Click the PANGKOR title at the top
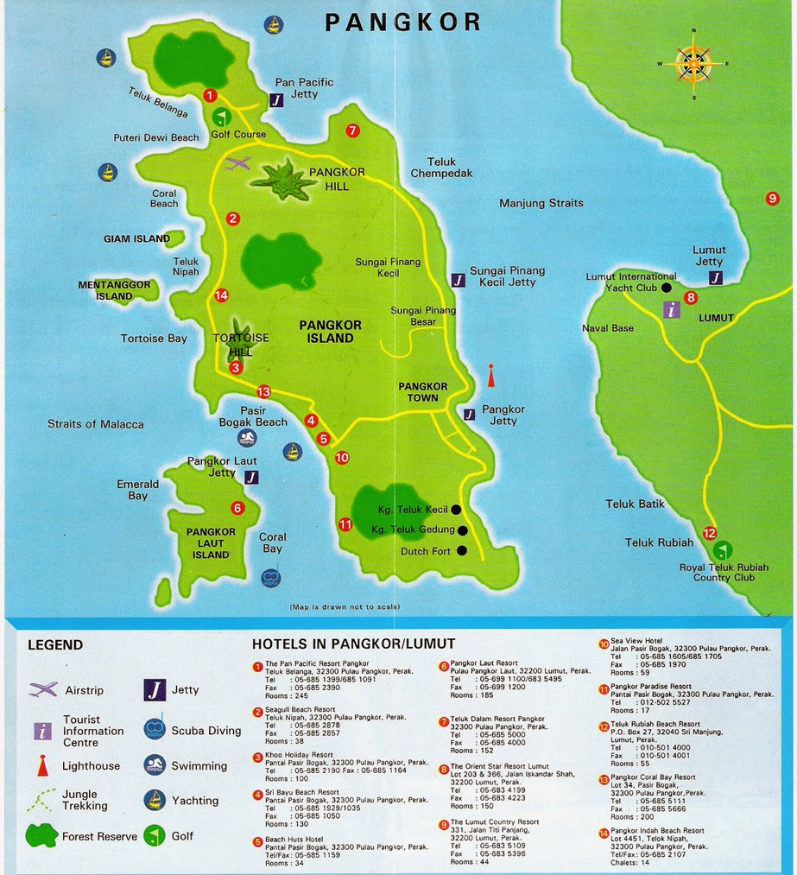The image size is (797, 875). tap(402, 22)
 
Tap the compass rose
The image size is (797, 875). tap(693, 63)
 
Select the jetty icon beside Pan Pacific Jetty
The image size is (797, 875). tap(275, 100)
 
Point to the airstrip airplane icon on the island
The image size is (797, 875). tap(237, 163)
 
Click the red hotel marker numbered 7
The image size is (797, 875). tap(351, 131)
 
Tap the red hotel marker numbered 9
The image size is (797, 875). tap(772, 199)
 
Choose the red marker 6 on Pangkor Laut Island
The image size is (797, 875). tap(237, 508)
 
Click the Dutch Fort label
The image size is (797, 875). tap(427, 551)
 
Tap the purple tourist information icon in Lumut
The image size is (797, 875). tap(669, 311)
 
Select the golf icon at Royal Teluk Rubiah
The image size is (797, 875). tap(723, 548)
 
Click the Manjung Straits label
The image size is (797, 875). tap(541, 203)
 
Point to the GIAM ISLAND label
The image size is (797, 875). tap(136, 238)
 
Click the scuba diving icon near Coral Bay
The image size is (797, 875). tap(271, 575)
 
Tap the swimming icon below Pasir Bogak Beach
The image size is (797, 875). tap(248, 438)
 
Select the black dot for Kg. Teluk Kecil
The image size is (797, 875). tap(456, 510)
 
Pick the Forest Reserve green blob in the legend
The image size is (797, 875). tap(42, 835)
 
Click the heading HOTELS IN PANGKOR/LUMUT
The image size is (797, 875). tap(353, 644)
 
